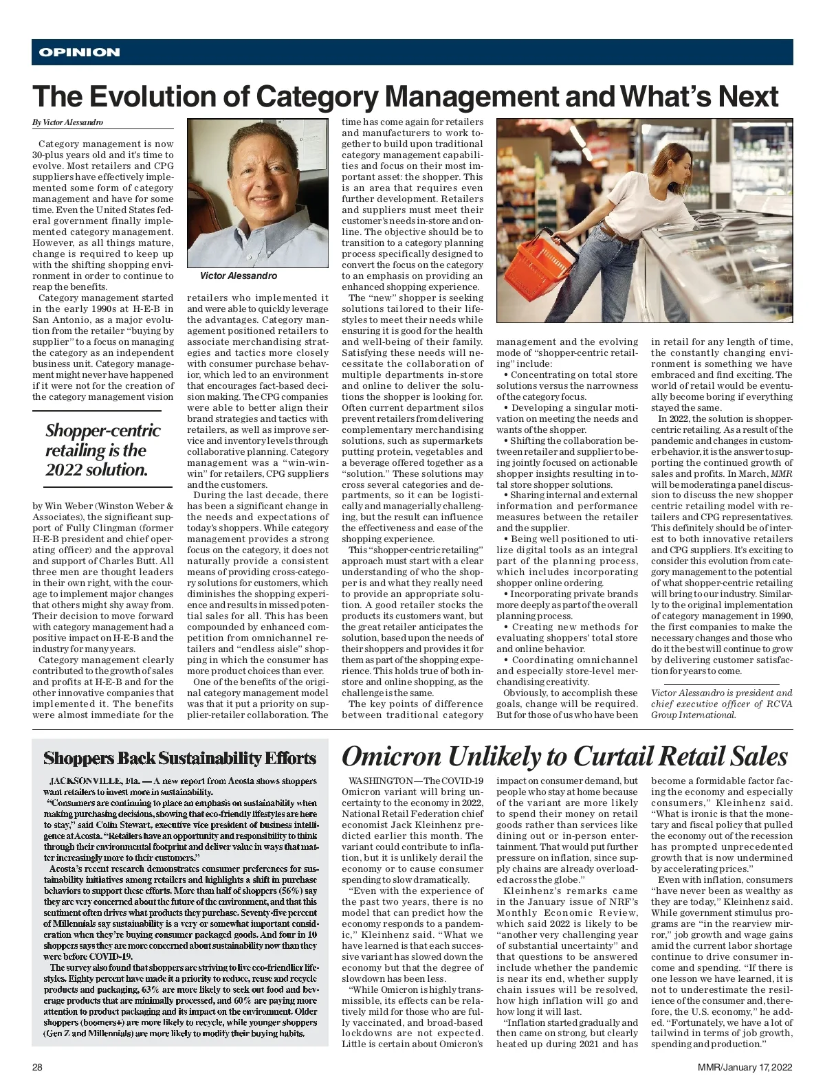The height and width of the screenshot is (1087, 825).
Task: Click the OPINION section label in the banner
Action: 79,52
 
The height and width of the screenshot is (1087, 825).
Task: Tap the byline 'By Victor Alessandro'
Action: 67,122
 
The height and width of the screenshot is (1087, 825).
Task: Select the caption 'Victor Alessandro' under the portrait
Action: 238,276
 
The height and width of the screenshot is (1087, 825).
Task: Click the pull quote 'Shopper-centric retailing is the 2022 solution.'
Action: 102,451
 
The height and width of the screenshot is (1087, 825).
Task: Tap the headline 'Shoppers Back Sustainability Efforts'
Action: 179,759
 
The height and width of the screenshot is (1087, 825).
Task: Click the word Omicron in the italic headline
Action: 390,757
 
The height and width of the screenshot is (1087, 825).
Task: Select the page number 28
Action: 38,1067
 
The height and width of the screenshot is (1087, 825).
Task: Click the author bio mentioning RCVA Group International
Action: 721,704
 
